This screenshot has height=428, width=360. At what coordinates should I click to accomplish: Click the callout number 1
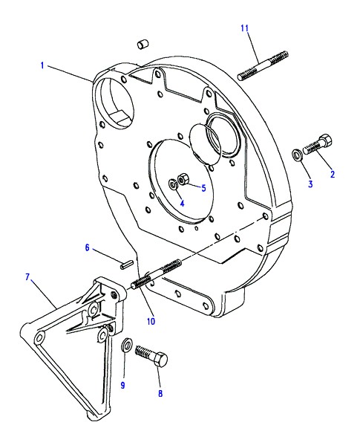(x=42, y=65)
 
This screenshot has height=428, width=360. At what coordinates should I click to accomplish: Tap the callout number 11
(x=245, y=28)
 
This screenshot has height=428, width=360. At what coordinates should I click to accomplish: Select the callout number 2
(x=333, y=174)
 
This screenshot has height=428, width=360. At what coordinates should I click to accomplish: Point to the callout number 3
(x=310, y=184)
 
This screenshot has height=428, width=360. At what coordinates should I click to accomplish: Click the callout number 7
(x=27, y=277)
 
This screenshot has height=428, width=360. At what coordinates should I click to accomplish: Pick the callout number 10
(x=151, y=321)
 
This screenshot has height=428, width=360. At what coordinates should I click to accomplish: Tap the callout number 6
(x=88, y=247)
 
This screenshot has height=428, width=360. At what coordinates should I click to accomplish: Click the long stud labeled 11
(x=263, y=65)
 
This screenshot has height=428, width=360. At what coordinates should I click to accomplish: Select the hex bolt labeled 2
(x=318, y=145)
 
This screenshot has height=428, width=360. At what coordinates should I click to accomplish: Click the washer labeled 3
(x=296, y=155)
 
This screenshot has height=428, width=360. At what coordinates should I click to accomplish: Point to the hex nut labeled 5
(x=183, y=179)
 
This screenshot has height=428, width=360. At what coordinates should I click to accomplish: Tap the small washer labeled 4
(x=173, y=185)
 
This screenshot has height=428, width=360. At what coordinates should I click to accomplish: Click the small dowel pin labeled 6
(x=126, y=265)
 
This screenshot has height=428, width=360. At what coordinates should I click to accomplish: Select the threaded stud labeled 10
(x=157, y=275)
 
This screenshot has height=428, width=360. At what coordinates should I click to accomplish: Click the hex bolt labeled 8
(x=151, y=356)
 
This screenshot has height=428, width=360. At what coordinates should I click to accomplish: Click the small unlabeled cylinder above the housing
(x=143, y=45)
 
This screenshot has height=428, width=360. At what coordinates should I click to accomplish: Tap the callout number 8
(x=160, y=393)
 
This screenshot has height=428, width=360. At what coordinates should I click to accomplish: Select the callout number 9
(x=123, y=385)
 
